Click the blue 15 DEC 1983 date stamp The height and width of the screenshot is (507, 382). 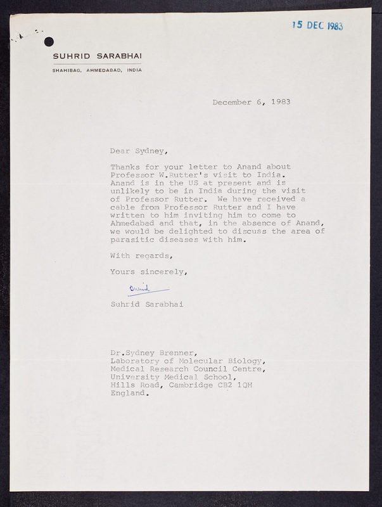317,25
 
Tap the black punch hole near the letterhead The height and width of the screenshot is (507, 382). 49,42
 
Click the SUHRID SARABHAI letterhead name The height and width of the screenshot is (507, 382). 97,56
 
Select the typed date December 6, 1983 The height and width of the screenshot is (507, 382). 251,101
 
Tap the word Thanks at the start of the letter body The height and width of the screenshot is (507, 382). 124,167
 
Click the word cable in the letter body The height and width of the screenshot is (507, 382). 122,207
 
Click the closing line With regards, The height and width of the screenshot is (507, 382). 141,255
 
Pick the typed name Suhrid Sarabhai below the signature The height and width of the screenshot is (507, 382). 146,304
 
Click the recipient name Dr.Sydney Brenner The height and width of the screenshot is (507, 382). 150,353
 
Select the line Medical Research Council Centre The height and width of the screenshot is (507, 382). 188,369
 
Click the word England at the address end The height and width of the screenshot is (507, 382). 129,394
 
